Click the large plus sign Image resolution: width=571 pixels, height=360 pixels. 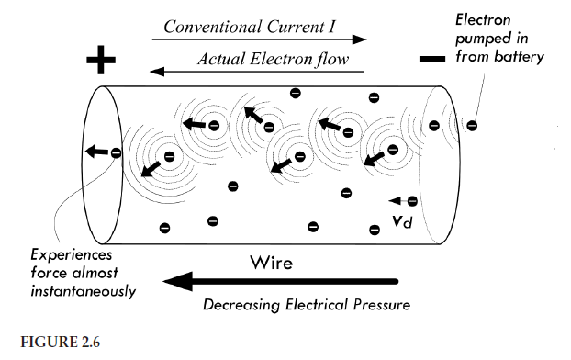pyautogui.click(x=102, y=62)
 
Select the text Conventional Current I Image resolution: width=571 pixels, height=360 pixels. pyautogui.click(x=253, y=27)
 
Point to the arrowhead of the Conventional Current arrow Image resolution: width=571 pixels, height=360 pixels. pyautogui.click(x=360, y=39)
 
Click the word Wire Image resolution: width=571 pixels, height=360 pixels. pyautogui.click(x=271, y=264)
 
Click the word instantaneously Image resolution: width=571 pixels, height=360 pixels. pyautogui.click(x=82, y=292)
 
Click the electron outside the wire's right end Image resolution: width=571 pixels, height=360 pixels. pyautogui.click(x=471, y=125)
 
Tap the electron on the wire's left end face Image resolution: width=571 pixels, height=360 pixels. pyautogui.click(x=116, y=152)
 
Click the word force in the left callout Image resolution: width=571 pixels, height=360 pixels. pyautogui.click(x=49, y=274)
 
